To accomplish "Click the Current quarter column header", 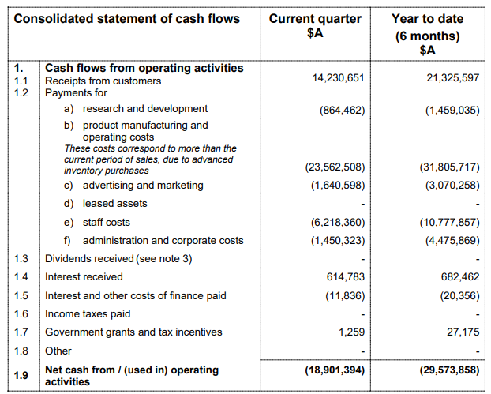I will click(x=315, y=25).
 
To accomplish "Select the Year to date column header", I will click(x=427, y=34).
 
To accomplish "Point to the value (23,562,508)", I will click(x=335, y=167).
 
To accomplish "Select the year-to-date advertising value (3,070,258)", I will click(x=449, y=186).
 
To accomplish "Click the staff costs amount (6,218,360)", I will click(x=337, y=223).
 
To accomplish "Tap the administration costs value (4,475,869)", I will click(x=449, y=241).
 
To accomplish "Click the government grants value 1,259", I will click(x=351, y=332).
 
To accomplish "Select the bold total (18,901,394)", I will click(x=335, y=370).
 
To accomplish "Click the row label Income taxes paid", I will click(x=88, y=313).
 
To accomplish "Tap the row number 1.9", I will click(x=22, y=376).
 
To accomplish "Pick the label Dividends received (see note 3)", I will click(x=118, y=258).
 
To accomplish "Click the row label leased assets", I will click(x=114, y=204).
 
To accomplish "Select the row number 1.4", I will click(x=22, y=277).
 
